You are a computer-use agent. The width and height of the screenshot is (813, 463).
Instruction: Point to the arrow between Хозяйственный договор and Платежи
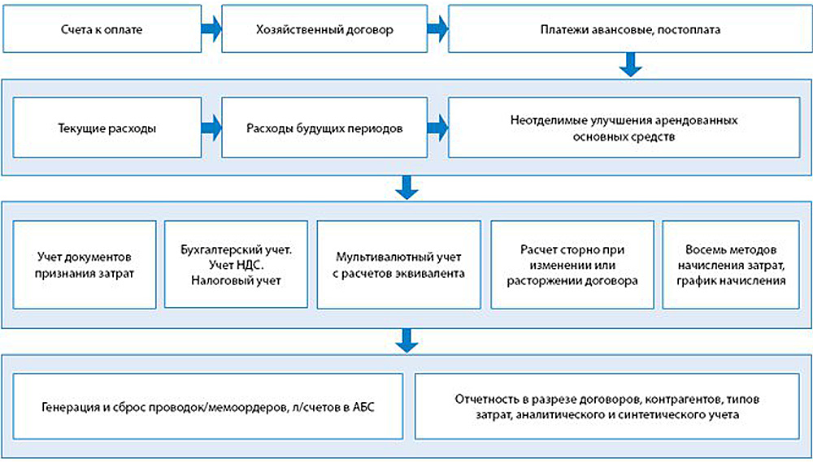[x=437, y=31]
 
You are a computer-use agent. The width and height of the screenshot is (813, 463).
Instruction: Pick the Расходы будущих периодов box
[x=324, y=128]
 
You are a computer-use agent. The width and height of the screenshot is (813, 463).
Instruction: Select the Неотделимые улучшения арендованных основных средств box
[x=624, y=128]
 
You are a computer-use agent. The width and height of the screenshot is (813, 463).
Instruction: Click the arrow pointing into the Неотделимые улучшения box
[x=437, y=128]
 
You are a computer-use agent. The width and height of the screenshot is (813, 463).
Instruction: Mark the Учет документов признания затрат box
[x=84, y=264]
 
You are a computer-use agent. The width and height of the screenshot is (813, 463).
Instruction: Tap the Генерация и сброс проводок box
[x=210, y=407]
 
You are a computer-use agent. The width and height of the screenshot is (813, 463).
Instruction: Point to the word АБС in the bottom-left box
[x=363, y=407]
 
